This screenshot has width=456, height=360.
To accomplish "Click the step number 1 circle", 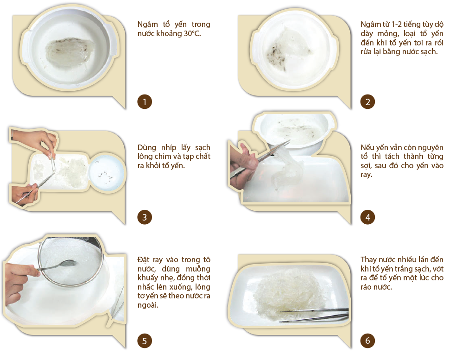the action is (x=145, y=102).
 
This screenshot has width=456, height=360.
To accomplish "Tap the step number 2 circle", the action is (x=367, y=102).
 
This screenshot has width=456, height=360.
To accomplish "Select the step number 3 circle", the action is (x=145, y=217).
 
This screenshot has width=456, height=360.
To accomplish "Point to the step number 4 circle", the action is (x=367, y=217).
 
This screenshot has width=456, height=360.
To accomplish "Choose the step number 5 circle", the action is (x=145, y=341).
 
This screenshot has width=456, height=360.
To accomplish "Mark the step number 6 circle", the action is (x=367, y=341).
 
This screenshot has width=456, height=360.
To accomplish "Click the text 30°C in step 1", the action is (x=192, y=34).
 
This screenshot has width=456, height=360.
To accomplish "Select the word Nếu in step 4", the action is (x=367, y=147).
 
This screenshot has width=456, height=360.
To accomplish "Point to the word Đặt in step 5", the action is (x=143, y=259).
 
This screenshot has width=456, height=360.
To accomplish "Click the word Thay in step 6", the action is (x=369, y=259).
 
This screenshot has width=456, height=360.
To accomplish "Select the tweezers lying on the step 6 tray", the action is (x=314, y=315).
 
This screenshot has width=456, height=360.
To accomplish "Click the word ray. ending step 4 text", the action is (x=367, y=175).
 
